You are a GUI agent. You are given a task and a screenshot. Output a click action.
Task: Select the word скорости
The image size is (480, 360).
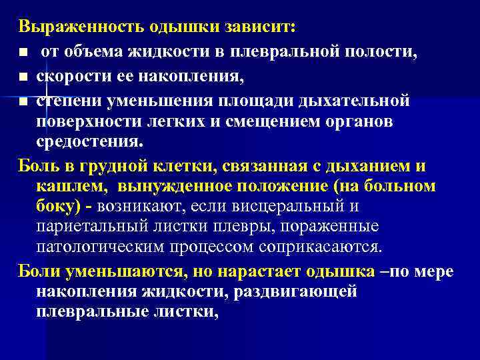tap(71, 78)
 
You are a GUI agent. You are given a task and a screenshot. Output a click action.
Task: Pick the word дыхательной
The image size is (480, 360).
tap(356, 102)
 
